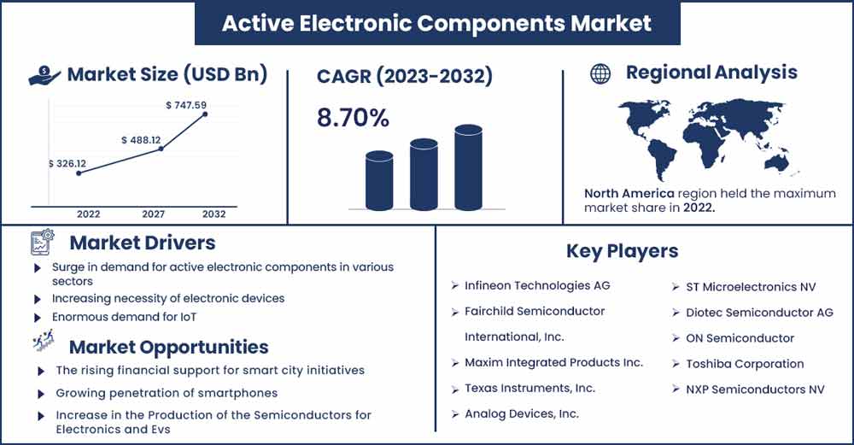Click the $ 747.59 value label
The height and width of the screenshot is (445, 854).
click(186, 105)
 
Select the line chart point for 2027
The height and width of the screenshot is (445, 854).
click(161, 148)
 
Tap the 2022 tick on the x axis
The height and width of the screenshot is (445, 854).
click(88, 214)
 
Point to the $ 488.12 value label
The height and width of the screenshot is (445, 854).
click(141, 140)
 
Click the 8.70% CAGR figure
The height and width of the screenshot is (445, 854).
click(353, 118)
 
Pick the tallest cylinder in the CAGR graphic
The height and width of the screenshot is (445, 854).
click(468, 167)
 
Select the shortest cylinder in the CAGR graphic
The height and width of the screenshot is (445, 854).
click(379, 180)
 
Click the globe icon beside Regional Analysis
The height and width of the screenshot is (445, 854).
click(600, 73)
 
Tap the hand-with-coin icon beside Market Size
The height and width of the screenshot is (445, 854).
click(44, 75)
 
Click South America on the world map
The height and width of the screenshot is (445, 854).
click(660, 158)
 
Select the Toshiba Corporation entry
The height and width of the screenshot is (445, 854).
click(745, 364)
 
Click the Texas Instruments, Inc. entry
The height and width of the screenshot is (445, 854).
click(529, 389)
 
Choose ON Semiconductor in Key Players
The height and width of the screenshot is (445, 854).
click(740, 338)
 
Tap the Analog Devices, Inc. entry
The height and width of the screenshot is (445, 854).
click(521, 414)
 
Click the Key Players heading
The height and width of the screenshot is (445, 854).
click(622, 251)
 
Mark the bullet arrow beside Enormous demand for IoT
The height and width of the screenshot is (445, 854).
click(38, 318)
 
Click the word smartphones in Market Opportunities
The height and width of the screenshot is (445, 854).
click(244, 393)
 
